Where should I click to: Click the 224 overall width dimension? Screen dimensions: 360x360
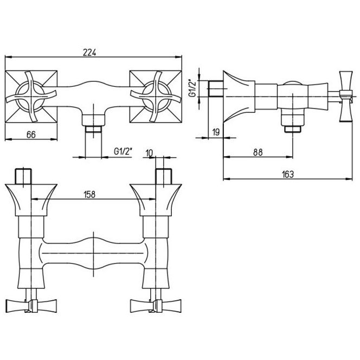[x=89, y=53]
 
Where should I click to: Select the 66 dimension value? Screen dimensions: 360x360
[x=31, y=134]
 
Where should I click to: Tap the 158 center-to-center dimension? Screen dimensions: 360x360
[x=89, y=195]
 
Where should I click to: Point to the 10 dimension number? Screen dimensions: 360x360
[x=149, y=153]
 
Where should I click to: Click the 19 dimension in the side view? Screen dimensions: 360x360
[x=216, y=132]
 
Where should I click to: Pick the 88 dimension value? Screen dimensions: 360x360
[x=258, y=152]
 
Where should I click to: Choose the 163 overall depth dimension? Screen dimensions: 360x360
[x=288, y=174]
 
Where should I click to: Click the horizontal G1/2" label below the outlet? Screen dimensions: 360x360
[x=123, y=151]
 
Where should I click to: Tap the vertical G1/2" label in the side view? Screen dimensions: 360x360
[x=192, y=88]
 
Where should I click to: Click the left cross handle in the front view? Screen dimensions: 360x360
[x=31, y=97]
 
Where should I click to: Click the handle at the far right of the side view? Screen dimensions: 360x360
[x=346, y=96]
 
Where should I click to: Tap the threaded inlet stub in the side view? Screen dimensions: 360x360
[x=216, y=88]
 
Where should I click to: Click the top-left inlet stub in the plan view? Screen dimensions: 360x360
[x=23, y=176]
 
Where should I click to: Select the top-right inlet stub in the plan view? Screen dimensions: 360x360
[x=164, y=176]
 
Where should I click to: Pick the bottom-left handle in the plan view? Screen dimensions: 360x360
[x=31, y=306]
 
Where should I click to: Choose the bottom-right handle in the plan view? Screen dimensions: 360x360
[x=156, y=306]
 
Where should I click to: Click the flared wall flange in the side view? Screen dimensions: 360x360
[x=239, y=97]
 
